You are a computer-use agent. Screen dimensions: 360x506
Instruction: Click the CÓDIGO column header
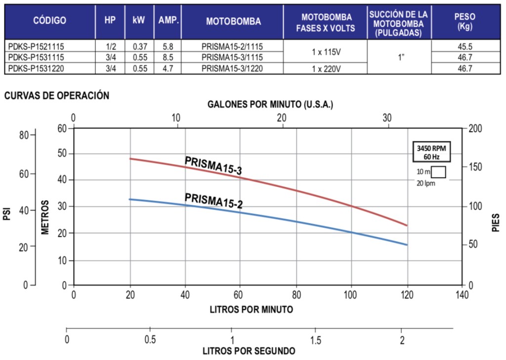(x=49, y=21)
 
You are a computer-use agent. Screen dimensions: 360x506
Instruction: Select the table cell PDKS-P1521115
(x=37, y=46)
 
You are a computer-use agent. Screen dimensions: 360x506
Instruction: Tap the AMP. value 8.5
(x=168, y=57)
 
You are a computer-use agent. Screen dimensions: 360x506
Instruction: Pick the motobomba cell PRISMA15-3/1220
(x=232, y=68)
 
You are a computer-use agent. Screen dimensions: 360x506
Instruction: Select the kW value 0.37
(x=140, y=46)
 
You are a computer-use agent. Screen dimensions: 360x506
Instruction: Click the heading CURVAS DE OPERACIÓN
(x=56, y=95)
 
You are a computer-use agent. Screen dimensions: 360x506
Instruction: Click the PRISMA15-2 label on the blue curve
(x=213, y=200)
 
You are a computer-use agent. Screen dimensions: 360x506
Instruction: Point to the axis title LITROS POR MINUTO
(x=251, y=310)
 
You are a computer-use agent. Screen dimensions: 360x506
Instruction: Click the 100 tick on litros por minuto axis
(x=351, y=296)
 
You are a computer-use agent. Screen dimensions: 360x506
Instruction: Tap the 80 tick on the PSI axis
(x=24, y=135)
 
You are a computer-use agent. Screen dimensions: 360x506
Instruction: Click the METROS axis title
(x=45, y=217)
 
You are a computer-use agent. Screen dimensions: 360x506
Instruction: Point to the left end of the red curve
(x=130, y=159)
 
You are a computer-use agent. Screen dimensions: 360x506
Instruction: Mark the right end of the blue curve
(x=407, y=245)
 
